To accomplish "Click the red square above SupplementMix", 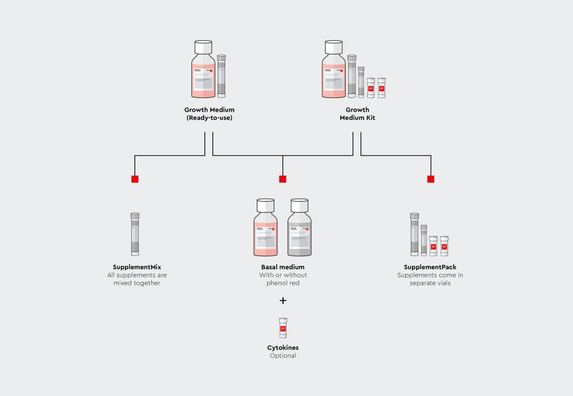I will pyautogui.click(x=135, y=179).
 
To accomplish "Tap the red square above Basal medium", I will pyautogui.click(x=282, y=179).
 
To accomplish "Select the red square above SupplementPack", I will pyautogui.click(x=430, y=179).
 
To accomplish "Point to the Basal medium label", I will pyautogui.click(x=282, y=267).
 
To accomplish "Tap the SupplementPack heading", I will pyautogui.click(x=430, y=267).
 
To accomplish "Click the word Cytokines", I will pyautogui.click(x=282, y=348).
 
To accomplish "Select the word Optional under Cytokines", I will pyautogui.click(x=282, y=356).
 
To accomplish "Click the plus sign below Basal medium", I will pyautogui.click(x=282, y=301).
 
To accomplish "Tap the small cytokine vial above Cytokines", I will pyautogui.click(x=282, y=328).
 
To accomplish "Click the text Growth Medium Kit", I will pyautogui.click(x=358, y=114).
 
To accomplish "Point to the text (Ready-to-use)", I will pyautogui.click(x=209, y=118).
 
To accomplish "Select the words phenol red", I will pyautogui.click(x=282, y=283).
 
